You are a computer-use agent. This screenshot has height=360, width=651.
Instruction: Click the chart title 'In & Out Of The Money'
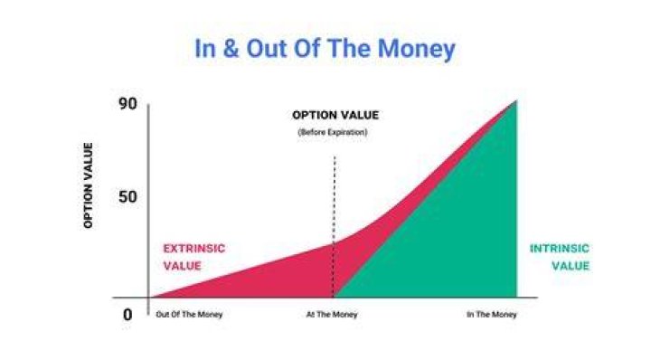pos(325,48)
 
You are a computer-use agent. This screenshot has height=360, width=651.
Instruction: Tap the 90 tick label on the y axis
pos(127,104)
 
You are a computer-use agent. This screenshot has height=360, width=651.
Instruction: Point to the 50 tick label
pos(127,197)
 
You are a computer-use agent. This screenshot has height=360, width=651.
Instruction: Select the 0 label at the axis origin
pos(127,315)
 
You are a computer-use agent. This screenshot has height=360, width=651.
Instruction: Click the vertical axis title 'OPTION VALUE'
pos(88,185)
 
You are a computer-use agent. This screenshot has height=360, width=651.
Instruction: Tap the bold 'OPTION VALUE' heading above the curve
pos(335,115)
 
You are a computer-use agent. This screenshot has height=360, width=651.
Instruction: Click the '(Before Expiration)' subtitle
pos(333,132)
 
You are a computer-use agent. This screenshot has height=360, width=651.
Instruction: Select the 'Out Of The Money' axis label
pos(189,315)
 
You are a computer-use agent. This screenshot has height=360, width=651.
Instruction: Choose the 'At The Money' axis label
pos(332,315)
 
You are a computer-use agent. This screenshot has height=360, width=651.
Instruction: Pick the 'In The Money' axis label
pos(492,315)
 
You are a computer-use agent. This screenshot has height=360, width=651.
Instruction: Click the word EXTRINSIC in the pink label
pos(193,249)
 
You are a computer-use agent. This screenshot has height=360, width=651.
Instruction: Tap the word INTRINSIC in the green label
pos(560,249)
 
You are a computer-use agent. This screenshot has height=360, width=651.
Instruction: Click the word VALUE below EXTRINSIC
pos(183,266)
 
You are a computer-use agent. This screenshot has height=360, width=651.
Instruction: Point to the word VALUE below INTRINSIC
pos(571,266)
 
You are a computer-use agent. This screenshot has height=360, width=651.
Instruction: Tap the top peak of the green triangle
pos(516,101)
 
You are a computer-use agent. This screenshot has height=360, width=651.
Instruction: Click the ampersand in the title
pos(231,49)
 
